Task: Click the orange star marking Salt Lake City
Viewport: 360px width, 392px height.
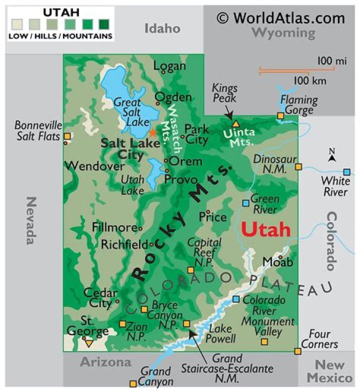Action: point(152,132)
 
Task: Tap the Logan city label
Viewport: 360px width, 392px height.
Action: point(169,66)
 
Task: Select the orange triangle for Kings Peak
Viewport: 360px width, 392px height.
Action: point(236,123)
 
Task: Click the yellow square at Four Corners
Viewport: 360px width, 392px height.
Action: point(298,352)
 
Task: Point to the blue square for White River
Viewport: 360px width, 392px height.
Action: point(346,172)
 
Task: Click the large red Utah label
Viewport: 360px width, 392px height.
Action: point(265,229)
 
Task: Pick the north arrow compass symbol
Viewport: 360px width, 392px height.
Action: point(331,156)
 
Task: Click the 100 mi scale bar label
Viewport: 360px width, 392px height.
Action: point(331,61)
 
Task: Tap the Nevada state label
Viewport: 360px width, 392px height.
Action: point(31,220)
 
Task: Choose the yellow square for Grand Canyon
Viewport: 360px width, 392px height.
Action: point(133,384)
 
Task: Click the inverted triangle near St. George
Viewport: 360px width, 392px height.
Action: point(88,344)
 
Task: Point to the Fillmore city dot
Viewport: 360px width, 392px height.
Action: point(140,229)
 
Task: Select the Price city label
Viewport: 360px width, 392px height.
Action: point(212,218)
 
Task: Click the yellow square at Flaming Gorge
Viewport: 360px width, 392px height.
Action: point(280,116)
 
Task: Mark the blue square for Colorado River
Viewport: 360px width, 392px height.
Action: point(236,300)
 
